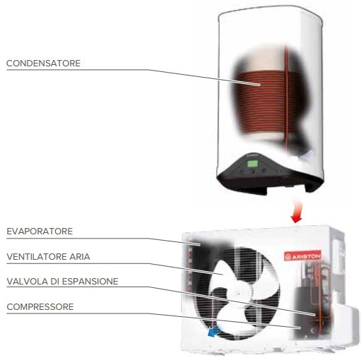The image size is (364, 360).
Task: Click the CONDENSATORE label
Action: tap(43, 64)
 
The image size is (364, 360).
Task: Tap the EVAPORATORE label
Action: tap(40, 232)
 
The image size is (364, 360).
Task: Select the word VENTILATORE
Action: tap(37, 256)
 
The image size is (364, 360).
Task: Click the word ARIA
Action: tap(80, 256)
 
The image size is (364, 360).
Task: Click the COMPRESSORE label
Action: tap(40, 307)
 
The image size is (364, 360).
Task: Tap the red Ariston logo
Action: tap(303, 256)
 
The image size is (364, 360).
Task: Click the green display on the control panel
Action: tap(252, 163)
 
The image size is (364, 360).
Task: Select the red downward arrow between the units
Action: tap(296, 211)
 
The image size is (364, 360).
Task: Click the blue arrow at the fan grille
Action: tap(213, 332)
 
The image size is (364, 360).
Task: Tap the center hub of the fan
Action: tap(239, 294)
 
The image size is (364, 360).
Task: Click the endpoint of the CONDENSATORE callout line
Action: tap(260, 85)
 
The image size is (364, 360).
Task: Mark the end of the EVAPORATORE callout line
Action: tap(200, 245)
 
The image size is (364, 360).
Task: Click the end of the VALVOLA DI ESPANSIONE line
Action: tap(315, 315)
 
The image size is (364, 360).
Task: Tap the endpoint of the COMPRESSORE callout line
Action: tap(300, 328)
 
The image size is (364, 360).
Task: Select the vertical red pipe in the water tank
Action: tap(286, 99)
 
